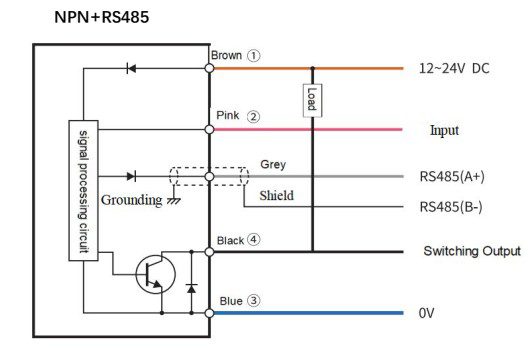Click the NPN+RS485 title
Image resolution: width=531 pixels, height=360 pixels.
(x=102, y=17)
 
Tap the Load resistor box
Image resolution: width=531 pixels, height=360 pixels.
(x=312, y=100)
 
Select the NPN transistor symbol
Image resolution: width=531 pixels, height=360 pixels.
(x=155, y=274)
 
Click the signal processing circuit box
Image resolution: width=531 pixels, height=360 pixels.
(x=83, y=191)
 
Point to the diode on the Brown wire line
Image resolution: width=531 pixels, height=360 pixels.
(x=131, y=68)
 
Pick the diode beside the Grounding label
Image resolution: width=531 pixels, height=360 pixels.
(x=131, y=176)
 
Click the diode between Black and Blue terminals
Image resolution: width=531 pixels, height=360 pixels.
(x=191, y=289)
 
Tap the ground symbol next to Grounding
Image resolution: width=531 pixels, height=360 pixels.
(x=174, y=200)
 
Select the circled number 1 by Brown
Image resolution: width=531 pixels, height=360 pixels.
(x=253, y=56)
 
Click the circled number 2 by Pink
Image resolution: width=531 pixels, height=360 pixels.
(x=253, y=117)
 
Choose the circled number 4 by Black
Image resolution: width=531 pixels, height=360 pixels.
(x=253, y=240)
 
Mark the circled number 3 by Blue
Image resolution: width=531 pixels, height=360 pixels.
(x=253, y=300)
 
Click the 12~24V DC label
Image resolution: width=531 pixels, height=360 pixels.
(x=454, y=68)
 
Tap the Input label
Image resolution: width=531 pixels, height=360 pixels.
(x=444, y=130)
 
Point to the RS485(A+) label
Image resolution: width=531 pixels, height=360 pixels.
(x=452, y=176)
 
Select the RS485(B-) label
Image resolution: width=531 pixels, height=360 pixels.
(x=451, y=207)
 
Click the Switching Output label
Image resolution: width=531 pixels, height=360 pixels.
(x=472, y=251)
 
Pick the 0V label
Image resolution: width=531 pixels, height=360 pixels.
(x=426, y=313)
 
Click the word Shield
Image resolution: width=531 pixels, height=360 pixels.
(x=276, y=196)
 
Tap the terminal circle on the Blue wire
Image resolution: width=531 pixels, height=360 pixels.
(x=210, y=313)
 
